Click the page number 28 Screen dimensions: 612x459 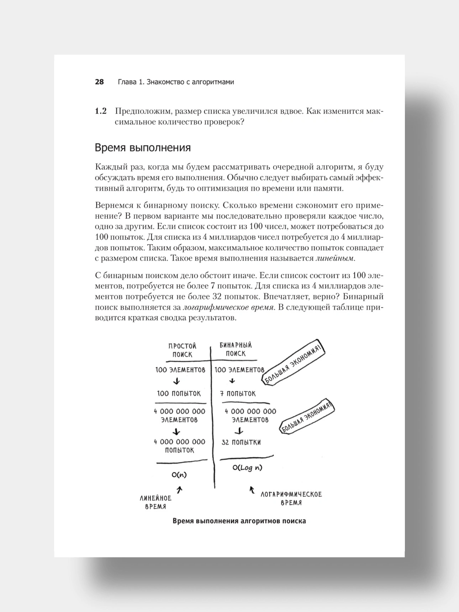coord(99,82)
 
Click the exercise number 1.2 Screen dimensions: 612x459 coord(101,111)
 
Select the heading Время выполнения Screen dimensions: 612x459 coord(143,147)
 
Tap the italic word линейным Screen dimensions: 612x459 coord(335,258)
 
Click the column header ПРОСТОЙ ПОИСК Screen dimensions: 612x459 coord(182,350)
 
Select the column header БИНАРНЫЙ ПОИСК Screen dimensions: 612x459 coord(236,349)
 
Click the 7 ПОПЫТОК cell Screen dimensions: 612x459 coord(238,393)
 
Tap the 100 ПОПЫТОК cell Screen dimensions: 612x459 coord(179,393)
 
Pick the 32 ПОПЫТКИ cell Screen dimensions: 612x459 coord(241,442)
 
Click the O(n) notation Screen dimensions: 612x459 coord(179,475)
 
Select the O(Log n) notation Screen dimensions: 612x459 coord(247,468)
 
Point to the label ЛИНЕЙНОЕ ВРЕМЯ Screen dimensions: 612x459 coord(155,502)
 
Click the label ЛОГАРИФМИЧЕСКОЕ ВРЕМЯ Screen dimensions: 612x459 coord(291,498)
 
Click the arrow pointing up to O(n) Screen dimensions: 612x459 coord(180,490)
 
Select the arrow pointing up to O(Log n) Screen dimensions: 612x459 coord(252,490)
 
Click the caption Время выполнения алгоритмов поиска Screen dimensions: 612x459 coord(239,521)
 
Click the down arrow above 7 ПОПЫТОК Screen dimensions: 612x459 coord(232,381)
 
